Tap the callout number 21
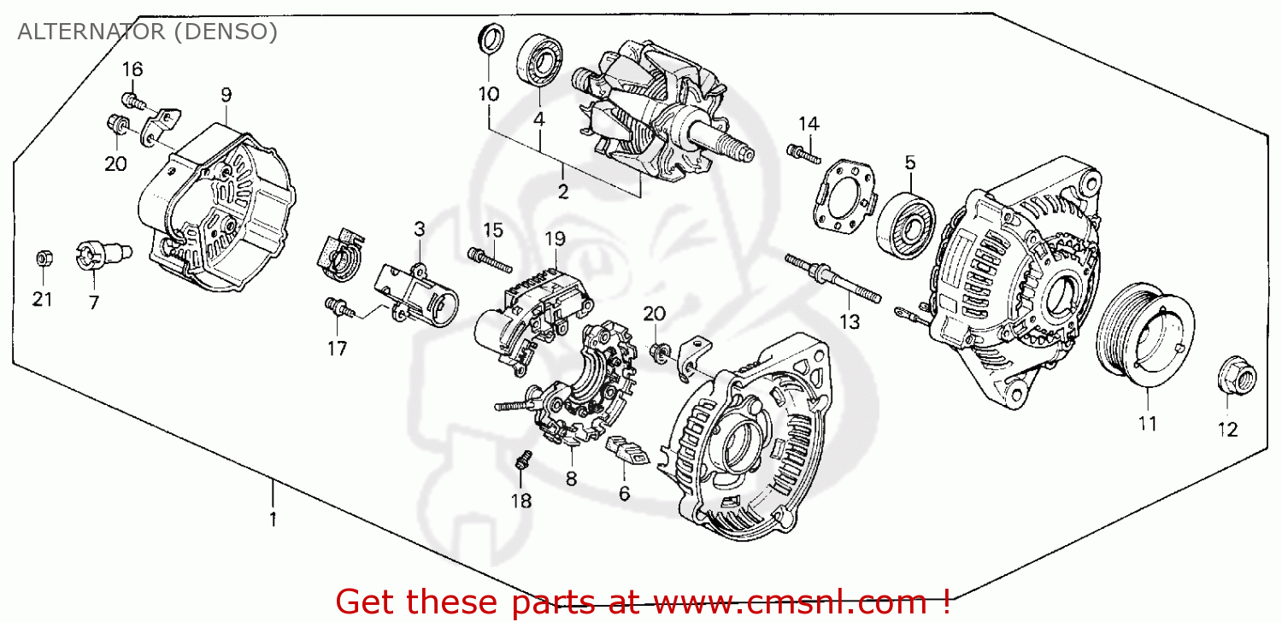click(43, 299)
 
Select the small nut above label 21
click(42, 258)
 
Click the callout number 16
click(132, 69)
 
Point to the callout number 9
click(226, 94)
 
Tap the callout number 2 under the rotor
click(562, 191)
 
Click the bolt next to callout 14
click(803, 154)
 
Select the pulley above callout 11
click(1144, 332)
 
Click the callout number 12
click(1227, 430)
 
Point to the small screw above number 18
click(520, 462)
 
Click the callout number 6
click(624, 493)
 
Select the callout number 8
click(570, 479)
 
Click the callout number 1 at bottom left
click(273, 519)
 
